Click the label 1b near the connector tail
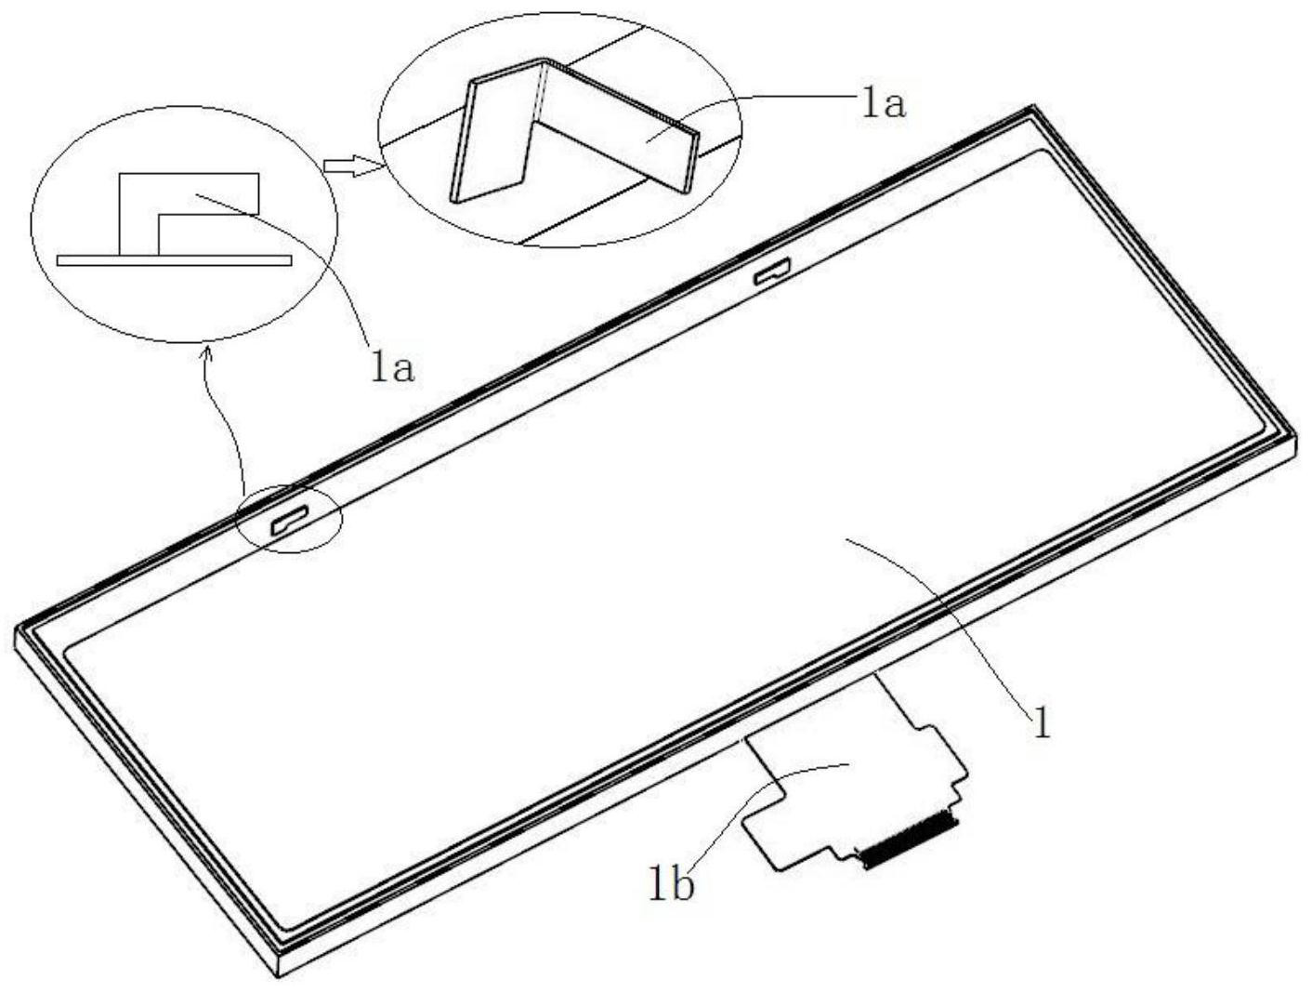tap(671, 886)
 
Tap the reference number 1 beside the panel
tap(1043, 722)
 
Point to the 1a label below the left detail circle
tap(391, 369)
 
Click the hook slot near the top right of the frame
tap(771, 271)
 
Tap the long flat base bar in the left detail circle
tap(174, 259)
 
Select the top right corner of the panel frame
tap(1030, 110)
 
